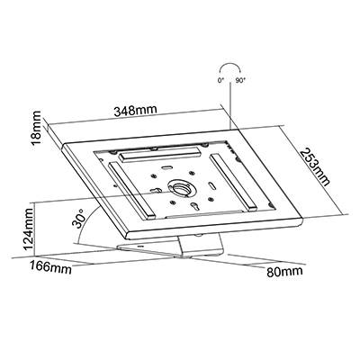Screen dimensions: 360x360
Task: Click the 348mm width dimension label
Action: click(x=135, y=111)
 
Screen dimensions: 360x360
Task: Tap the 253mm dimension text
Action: click(x=315, y=166)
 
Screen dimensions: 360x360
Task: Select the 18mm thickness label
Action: click(x=37, y=128)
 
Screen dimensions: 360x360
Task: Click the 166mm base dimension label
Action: click(x=50, y=266)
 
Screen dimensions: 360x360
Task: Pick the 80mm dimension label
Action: click(x=284, y=272)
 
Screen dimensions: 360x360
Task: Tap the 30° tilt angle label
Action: click(x=78, y=220)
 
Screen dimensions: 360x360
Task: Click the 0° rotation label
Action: click(x=220, y=80)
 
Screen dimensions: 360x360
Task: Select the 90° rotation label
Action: click(x=240, y=80)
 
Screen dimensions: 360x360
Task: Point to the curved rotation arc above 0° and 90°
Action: click(x=230, y=64)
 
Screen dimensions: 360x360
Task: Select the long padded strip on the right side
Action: click(x=233, y=182)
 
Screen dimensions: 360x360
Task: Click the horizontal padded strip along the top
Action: click(x=160, y=154)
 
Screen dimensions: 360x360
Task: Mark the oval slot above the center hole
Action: click(x=166, y=167)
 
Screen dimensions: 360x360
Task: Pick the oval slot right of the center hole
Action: click(x=211, y=185)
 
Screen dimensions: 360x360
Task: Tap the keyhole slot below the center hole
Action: click(x=194, y=207)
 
